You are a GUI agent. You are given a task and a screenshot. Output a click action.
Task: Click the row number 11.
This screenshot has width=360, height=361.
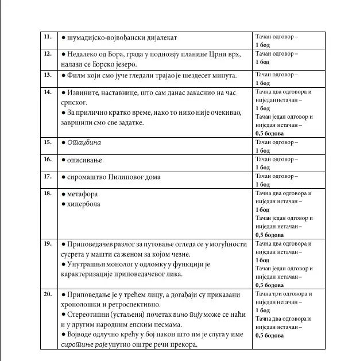tap(47, 37)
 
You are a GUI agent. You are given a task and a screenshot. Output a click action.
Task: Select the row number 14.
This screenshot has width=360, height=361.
tap(47, 92)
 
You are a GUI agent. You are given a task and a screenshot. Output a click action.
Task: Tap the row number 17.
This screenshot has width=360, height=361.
tap(47, 176)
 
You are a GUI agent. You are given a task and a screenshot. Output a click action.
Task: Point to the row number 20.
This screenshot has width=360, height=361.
tap(47, 294)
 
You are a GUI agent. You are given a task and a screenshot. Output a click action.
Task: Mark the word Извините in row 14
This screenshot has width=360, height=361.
tap(84, 92)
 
